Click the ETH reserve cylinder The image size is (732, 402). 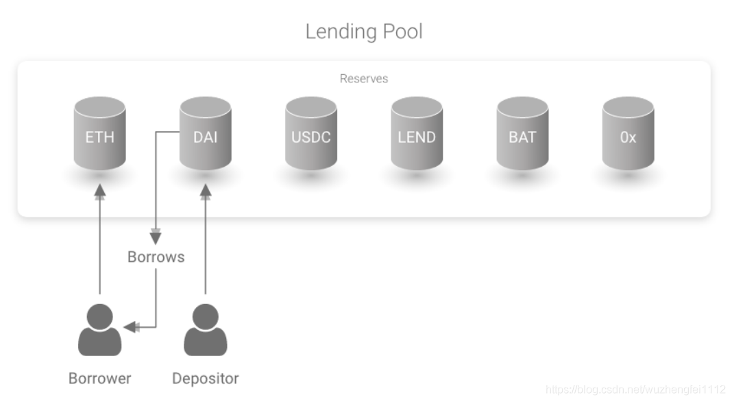[x=99, y=133]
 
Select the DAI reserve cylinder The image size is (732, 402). [x=206, y=133]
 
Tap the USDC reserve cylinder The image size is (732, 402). [x=311, y=133]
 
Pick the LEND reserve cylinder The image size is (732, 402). [x=417, y=133]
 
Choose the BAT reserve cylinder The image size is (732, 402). [x=522, y=133]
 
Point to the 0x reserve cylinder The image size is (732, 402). [x=628, y=133]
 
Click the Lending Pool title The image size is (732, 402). [x=364, y=32]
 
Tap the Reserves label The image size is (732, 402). [x=364, y=78]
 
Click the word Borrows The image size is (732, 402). [x=156, y=257]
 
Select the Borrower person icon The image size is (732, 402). [x=99, y=329]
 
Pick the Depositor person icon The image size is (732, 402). [x=206, y=329]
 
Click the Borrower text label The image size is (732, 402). [x=99, y=378]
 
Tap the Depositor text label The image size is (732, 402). [x=206, y=379]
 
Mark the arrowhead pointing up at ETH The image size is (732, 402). [x=99, y=191]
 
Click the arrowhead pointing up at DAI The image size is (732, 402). [x=206, y=191]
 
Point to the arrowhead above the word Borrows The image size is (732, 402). [x=156, y=237]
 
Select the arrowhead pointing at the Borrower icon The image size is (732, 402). [x=131, y=327]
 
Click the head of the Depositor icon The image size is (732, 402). [x=206, y=316]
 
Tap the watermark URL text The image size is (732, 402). [x=635, y=390]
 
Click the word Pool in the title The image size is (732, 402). [x=403, y=32]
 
